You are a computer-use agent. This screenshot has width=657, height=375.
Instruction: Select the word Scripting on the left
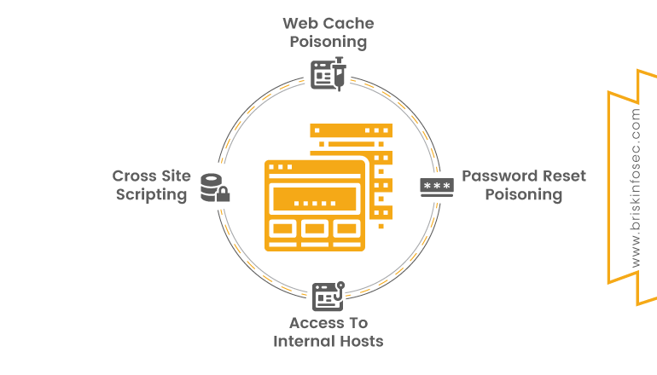point(151,194)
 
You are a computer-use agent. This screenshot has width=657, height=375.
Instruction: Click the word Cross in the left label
point(133,176)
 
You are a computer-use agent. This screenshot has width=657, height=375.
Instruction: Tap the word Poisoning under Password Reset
point(524,194)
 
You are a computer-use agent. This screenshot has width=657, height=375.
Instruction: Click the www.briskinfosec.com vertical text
point(636,187)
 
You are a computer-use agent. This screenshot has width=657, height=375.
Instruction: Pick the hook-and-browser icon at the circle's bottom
point(328,295)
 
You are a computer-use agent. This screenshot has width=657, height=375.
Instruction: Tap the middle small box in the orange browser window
point(315,228)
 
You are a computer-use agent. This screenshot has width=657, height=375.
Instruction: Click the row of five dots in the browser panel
point(314,203)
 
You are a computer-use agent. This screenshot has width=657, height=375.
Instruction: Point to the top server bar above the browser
point(350,132)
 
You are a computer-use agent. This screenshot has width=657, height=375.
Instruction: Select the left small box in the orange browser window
point(282,228)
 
